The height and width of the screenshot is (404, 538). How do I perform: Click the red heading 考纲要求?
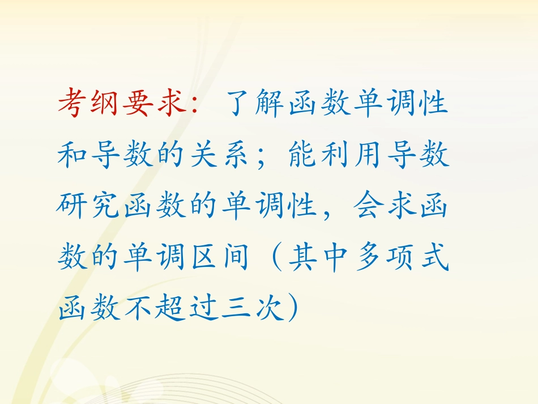coord(122,103)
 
